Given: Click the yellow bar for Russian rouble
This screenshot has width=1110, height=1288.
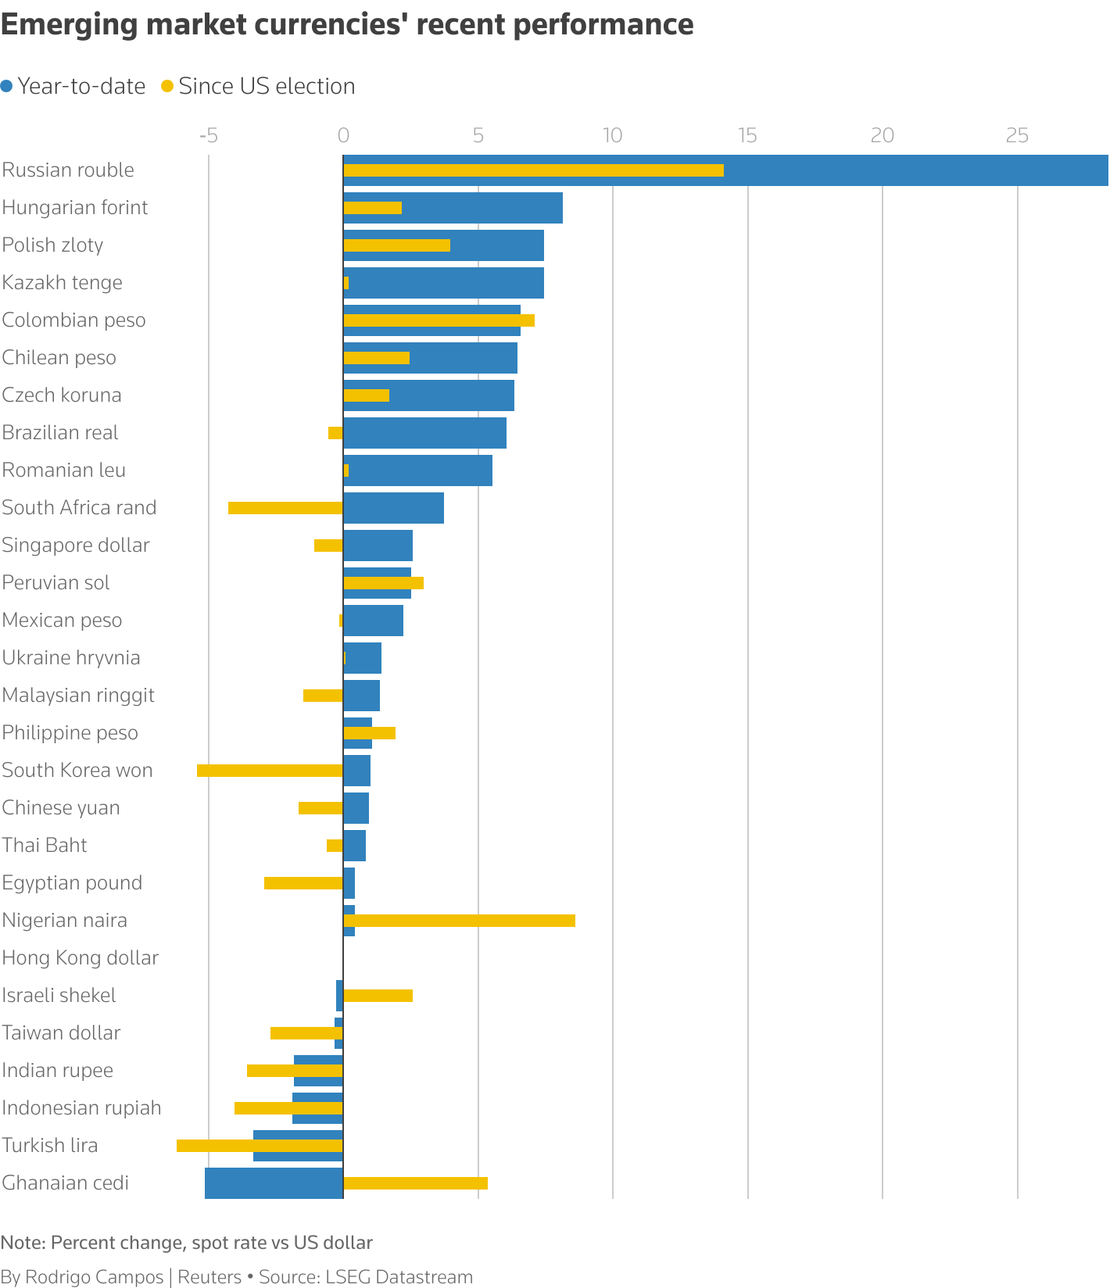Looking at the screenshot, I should pyautogui.click(x=533, y=170).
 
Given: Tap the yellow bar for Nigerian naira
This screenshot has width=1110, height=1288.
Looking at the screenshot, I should pyautogui.click(x=460, y=921).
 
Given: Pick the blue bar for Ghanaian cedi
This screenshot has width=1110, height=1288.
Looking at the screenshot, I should pyautogui.click(x=274, y=1183).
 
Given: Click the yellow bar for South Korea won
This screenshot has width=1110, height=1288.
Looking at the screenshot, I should pyautogui.click(x=270, y=771).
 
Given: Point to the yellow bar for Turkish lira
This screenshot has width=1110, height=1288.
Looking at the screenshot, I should pyautogui.click(x=260, y=1146).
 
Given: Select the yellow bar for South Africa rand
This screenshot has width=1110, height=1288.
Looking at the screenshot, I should pyautogui.click(x=285, y=508).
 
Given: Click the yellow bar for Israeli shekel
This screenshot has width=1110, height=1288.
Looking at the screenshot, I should pyautogui.click(x=378, y=996).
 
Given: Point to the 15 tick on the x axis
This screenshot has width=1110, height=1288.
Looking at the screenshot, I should pyautogui.click(x=747, y=136).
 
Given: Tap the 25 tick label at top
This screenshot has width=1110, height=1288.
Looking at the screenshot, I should pyautogui.click(x=1016, y=136).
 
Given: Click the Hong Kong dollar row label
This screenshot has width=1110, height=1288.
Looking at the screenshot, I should pyautogui.click(x=80, y=958).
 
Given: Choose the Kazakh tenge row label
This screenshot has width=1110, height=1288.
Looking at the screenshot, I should pyautogui.click(x=63, y=283).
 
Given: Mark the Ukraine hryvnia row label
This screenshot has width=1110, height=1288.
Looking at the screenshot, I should pyautogui.click(x=71, y=658).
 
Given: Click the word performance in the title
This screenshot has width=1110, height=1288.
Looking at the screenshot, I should pyautogui.click(x=603, y=25).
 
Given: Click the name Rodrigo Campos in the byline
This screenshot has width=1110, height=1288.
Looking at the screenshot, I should pyautogui.click(x=94, y=1277).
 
